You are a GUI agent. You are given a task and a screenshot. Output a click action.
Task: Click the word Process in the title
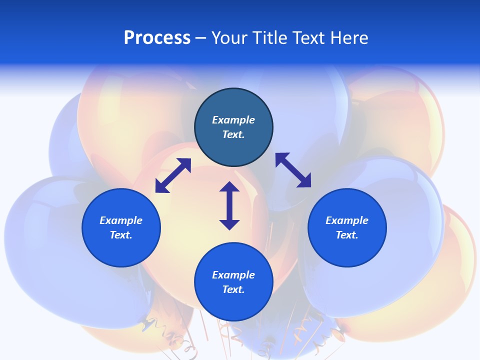[157, 38]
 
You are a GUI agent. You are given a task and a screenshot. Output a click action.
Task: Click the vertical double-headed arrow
[229, 205]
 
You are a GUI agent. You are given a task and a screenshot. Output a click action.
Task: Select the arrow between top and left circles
[173, 175]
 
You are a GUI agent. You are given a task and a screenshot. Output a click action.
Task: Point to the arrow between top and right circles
[293, 170]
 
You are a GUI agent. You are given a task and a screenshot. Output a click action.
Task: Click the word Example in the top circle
[233, 120]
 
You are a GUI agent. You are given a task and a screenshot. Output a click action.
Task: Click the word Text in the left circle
[120, 235]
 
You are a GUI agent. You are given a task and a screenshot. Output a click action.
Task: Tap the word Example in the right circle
[347, 220]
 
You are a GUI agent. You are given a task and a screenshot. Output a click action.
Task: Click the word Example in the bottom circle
[233, 275]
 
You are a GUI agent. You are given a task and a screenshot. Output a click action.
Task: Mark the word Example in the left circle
[121, 220]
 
